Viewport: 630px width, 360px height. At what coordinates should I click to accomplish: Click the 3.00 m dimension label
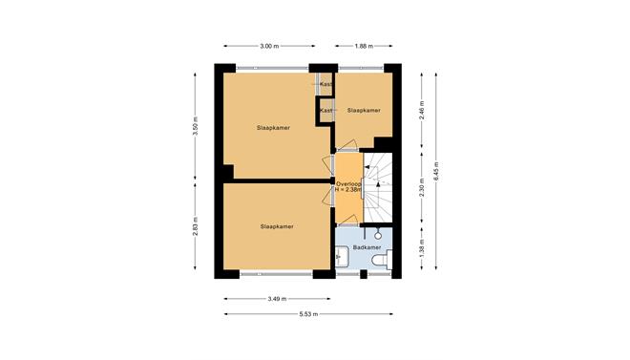[x=269, y=46]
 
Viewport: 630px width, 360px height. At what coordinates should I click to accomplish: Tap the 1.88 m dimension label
[x=364, y=46]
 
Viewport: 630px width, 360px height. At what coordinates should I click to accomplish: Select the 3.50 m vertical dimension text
[x=196, y=126]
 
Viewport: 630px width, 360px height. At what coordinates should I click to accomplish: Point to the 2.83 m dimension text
[x=196, y=226]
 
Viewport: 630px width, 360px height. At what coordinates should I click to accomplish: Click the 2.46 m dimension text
[x=422, y=110]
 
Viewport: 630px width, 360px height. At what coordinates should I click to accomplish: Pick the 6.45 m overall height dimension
[x=436, y=172]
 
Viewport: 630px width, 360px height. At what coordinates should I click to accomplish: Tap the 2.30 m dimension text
[x=422, y=187]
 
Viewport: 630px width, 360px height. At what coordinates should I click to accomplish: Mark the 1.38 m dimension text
[x=422, y=249]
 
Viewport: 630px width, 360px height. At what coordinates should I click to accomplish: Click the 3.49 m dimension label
[x=277, y=299]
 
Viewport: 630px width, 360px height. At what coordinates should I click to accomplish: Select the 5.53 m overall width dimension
[x=308, y=314]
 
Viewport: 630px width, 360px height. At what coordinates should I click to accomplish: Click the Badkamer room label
[x=367, y=247]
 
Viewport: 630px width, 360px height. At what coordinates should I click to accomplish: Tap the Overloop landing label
[x=348, y=184]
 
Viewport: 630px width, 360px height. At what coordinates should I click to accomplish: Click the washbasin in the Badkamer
[x=342, y=255]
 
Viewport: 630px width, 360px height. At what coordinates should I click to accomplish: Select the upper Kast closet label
[x=325, y=84]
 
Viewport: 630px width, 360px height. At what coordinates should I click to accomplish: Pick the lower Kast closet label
[x=325, y=110]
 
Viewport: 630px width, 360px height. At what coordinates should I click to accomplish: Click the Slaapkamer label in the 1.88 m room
[x=364, y=110]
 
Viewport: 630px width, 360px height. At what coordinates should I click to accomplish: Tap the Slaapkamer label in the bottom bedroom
[x=277, y=226]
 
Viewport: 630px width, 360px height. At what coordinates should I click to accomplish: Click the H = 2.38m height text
[x=348, y=190]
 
